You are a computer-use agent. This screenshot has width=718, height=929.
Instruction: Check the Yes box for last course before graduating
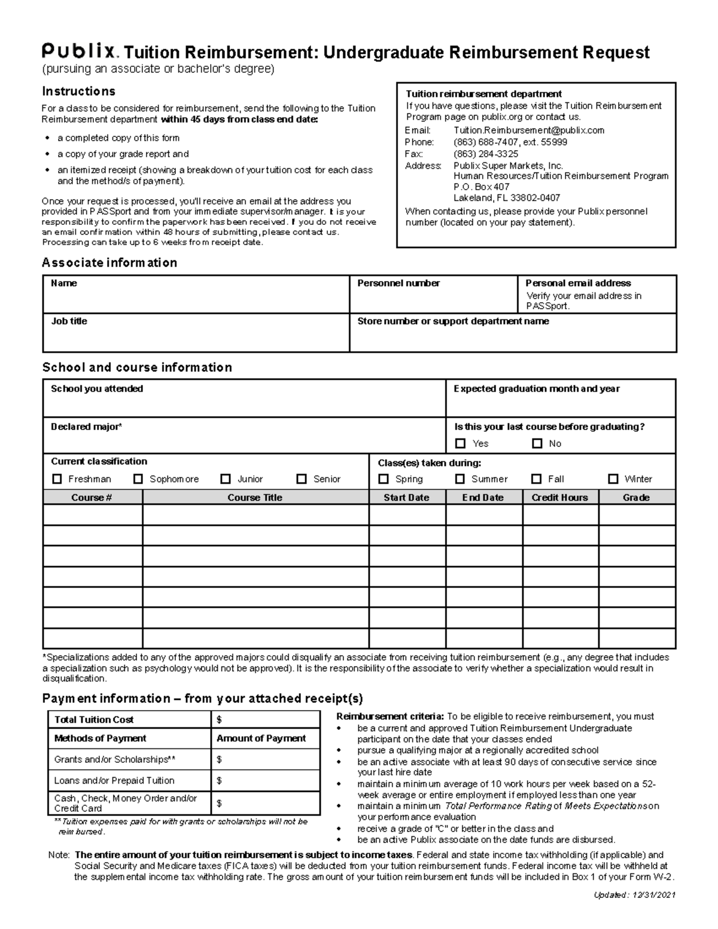tap(460, 443)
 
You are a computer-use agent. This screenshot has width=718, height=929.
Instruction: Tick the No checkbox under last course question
tap(537, 443)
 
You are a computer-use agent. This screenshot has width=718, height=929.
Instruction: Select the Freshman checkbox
tap(57, 479)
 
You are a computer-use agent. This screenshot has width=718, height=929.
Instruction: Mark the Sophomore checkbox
tap(138, 479)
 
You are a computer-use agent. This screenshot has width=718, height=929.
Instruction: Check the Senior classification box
tap(302, 479)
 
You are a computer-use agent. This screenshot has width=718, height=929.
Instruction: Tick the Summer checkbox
tap(460, 479)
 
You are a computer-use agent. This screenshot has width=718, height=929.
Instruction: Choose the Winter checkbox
tap(613, 479)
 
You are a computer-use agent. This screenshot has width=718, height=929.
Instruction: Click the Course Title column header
tap(255, 497)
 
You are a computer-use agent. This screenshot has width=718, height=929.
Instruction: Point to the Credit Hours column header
tap(560, 497)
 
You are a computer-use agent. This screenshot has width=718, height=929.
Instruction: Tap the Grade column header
tap(636, 497)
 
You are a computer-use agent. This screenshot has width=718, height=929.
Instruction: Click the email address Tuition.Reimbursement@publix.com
tap(529, 130)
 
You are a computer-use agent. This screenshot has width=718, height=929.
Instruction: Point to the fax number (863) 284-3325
tap(486, 154)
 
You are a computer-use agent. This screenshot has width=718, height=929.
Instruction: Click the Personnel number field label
tap(398, 283)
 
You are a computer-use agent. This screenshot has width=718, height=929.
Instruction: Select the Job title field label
tap(69, 321)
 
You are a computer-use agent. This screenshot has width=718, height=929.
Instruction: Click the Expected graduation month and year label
tap(536, 389)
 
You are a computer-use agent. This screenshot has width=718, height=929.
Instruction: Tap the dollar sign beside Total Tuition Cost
tap(220, 720)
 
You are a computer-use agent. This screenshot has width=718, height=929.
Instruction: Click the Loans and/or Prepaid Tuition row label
tap(114, 780)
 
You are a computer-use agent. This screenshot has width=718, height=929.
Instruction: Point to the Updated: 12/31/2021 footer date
tap(634, 895)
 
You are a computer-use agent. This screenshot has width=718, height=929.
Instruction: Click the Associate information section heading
tap(109, 263)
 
